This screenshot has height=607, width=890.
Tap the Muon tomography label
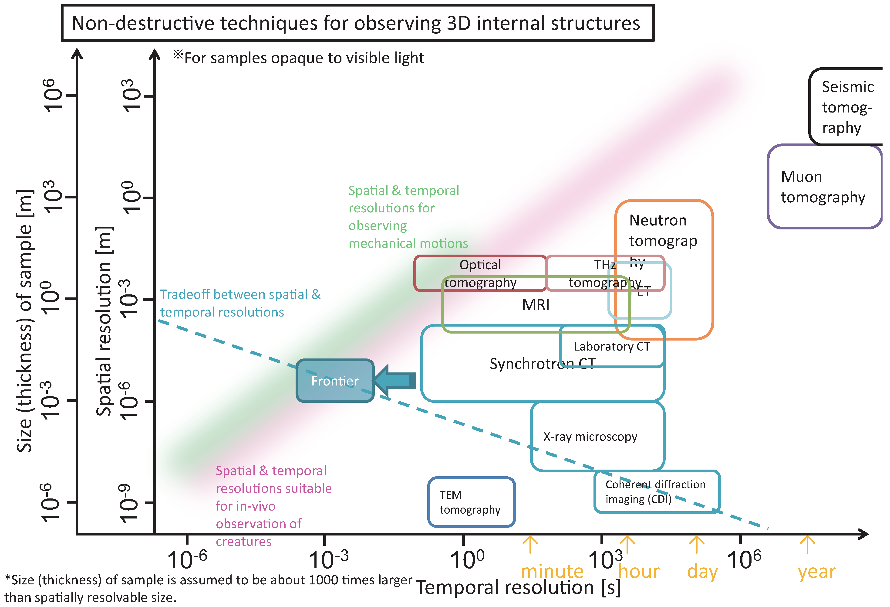click(823, 187)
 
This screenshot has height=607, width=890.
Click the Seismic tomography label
click(847, 107)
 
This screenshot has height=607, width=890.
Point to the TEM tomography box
click(471, 502)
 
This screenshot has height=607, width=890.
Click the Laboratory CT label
click(612, 346)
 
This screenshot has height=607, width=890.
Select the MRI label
click(535, 305)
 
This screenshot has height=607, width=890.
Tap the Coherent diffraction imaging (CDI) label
click(655, 492)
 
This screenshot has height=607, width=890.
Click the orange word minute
click(552, 571)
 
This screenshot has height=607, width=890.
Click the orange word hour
click(638, 571)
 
